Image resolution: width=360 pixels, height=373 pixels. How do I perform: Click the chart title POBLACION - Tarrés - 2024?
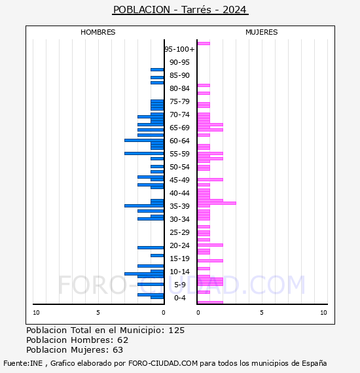(180, 10)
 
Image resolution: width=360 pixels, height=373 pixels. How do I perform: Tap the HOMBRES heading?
(98, 32)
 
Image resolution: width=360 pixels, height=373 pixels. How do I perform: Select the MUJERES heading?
(262, 32)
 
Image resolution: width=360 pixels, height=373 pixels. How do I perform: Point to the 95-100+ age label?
(179, 49)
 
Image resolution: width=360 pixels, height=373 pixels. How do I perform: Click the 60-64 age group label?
(179, 141)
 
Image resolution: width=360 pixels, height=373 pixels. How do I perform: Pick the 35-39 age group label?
(179, 206)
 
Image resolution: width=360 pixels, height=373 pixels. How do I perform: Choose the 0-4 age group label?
(180, 298)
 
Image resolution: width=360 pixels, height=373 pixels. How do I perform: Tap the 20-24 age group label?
(179, 245)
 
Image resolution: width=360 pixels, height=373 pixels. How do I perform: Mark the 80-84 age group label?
(179, 88)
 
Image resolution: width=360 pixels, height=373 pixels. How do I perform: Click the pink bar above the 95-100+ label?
(204, 44)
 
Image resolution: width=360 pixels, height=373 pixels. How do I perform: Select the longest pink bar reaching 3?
(217, 203)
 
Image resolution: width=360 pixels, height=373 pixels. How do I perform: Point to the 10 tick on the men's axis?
(36, 313)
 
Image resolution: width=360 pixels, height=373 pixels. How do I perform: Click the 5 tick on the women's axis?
(262, 313)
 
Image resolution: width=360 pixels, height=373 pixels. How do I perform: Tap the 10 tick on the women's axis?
(323, 313)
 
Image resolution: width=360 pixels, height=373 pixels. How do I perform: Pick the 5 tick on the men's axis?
(98, 313)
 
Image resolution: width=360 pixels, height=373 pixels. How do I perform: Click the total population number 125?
(176, 330)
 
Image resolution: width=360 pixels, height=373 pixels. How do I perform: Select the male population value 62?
(123, 340)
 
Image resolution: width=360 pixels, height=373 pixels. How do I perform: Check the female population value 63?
(118, 350)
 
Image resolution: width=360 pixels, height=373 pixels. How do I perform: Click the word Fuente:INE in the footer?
(23, 363)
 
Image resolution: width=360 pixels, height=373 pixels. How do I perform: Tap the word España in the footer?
(314, 364)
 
